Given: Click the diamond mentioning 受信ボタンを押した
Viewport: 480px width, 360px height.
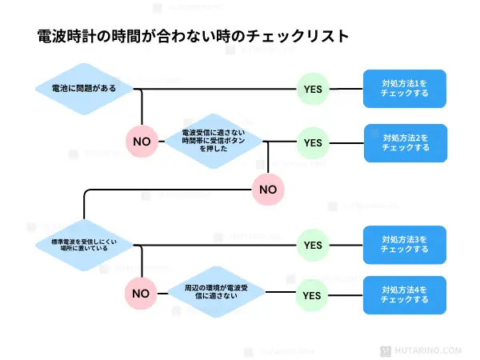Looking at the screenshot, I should point(214,141).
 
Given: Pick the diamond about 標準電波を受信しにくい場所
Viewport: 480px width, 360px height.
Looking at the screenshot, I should point(82,243).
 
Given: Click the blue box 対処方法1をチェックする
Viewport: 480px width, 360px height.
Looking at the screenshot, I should point(405,88).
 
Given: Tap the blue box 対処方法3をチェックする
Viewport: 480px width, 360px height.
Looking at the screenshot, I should point(405,244).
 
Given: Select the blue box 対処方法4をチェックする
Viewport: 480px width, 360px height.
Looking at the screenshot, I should point(405,294).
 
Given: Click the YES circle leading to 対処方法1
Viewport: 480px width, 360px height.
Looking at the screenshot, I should point(314,89).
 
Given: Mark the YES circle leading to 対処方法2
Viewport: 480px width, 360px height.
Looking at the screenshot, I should point(312,142).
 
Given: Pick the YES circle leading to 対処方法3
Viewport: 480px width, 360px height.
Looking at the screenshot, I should point(312,244).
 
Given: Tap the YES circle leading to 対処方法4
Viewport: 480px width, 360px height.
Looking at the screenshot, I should point(312,294).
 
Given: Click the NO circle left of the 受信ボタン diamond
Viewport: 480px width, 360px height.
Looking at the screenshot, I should point(142,141).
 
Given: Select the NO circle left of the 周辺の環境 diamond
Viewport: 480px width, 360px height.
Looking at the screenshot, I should point(141,293).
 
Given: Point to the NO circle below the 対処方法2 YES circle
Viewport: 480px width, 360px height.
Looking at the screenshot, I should point(268,190).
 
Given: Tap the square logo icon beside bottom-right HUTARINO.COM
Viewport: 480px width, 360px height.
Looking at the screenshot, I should point(405,350).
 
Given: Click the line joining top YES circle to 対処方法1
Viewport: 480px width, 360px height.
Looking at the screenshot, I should point(346,88).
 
